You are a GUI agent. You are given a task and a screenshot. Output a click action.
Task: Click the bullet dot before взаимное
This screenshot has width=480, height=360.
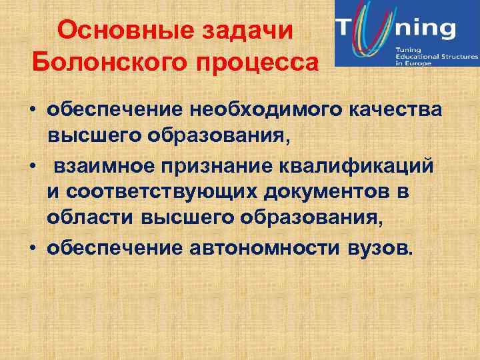coord(31,165)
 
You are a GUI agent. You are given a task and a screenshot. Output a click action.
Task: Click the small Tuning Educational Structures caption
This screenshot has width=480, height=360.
coord(433,55)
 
